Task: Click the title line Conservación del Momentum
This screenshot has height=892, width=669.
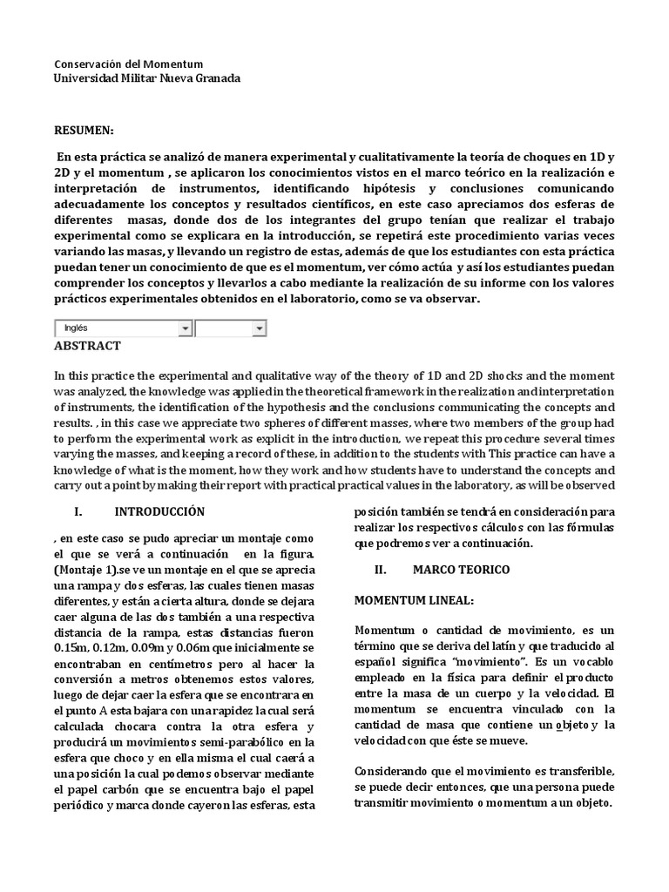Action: click(128, 64)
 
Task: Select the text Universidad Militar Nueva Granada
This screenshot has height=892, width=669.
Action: click(147, 78)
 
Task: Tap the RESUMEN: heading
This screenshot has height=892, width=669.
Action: click(84, 130)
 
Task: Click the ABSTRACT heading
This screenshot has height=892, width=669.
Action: click(87, 346)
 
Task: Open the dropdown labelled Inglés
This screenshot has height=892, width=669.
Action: click(123, 328)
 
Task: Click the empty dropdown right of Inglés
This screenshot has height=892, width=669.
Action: click(231, 328)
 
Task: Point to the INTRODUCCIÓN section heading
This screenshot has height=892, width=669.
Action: click(159, 511)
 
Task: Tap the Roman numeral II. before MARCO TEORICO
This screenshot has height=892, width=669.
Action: click(379, 569)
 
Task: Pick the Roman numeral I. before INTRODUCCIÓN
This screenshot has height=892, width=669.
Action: click(78, 511)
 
